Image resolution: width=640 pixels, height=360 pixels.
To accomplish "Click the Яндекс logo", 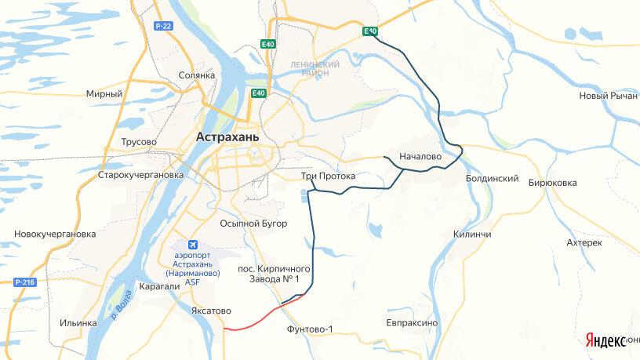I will [x=605, y=340].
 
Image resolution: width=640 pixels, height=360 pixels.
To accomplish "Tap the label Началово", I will [x=420, y=157].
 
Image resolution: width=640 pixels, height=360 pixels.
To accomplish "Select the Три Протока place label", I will [x=328, y=176].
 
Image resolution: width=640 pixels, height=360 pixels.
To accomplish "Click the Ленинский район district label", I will [x=314, y=68].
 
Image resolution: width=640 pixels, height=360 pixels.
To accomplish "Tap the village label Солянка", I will [x=196, y=75].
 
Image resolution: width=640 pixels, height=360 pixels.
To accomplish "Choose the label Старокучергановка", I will [x=140, y=175].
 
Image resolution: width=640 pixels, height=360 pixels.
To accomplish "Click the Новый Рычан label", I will [x=608, y=96].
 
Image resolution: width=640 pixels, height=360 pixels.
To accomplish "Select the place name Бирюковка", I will [x=553, y=183].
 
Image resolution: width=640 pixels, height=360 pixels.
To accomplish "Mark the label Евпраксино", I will [x=412, y=322].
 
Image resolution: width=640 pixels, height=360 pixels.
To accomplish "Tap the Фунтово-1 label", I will [x=311, y=329].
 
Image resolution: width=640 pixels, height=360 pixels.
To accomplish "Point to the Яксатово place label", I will [x=211, y=311].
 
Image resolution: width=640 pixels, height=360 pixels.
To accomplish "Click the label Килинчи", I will [x=472, y=235].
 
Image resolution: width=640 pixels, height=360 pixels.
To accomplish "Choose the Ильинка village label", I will [x=78, y=322].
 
